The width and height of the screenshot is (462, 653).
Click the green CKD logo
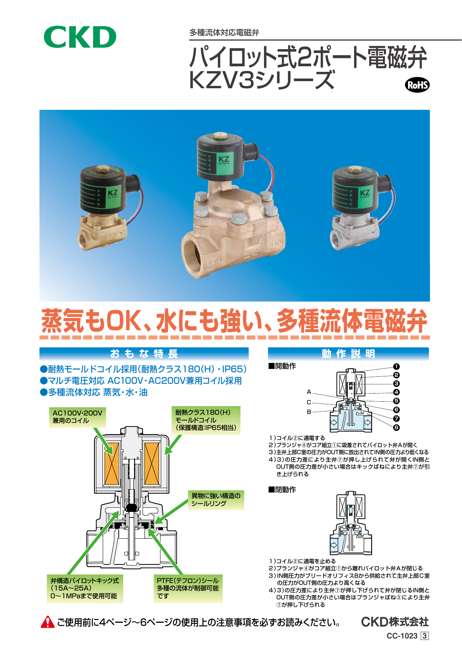(80, 37)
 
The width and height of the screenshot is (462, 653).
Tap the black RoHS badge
(417, 85)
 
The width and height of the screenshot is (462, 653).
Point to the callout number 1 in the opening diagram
(396, 367)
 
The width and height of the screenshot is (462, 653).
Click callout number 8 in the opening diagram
(396, 427)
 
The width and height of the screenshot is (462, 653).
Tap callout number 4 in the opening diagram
(396, 392)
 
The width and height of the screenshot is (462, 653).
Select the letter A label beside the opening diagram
(309, 392)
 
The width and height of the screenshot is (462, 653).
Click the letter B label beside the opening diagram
(309, 412)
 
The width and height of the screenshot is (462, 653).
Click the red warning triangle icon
(48, 622)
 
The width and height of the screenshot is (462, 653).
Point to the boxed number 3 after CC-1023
(424, 636)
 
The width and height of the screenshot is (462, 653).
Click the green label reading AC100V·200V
(77, 417)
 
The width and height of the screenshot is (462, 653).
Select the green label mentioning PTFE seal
(188, 589)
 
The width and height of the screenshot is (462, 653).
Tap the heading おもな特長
(144, 354)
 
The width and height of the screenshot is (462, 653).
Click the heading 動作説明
(348, 354)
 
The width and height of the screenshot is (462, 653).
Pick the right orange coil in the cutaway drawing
(152, 463)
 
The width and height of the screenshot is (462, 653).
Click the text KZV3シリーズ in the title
(262, 80)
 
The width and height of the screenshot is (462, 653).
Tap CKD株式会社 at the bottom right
(395, 622)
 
